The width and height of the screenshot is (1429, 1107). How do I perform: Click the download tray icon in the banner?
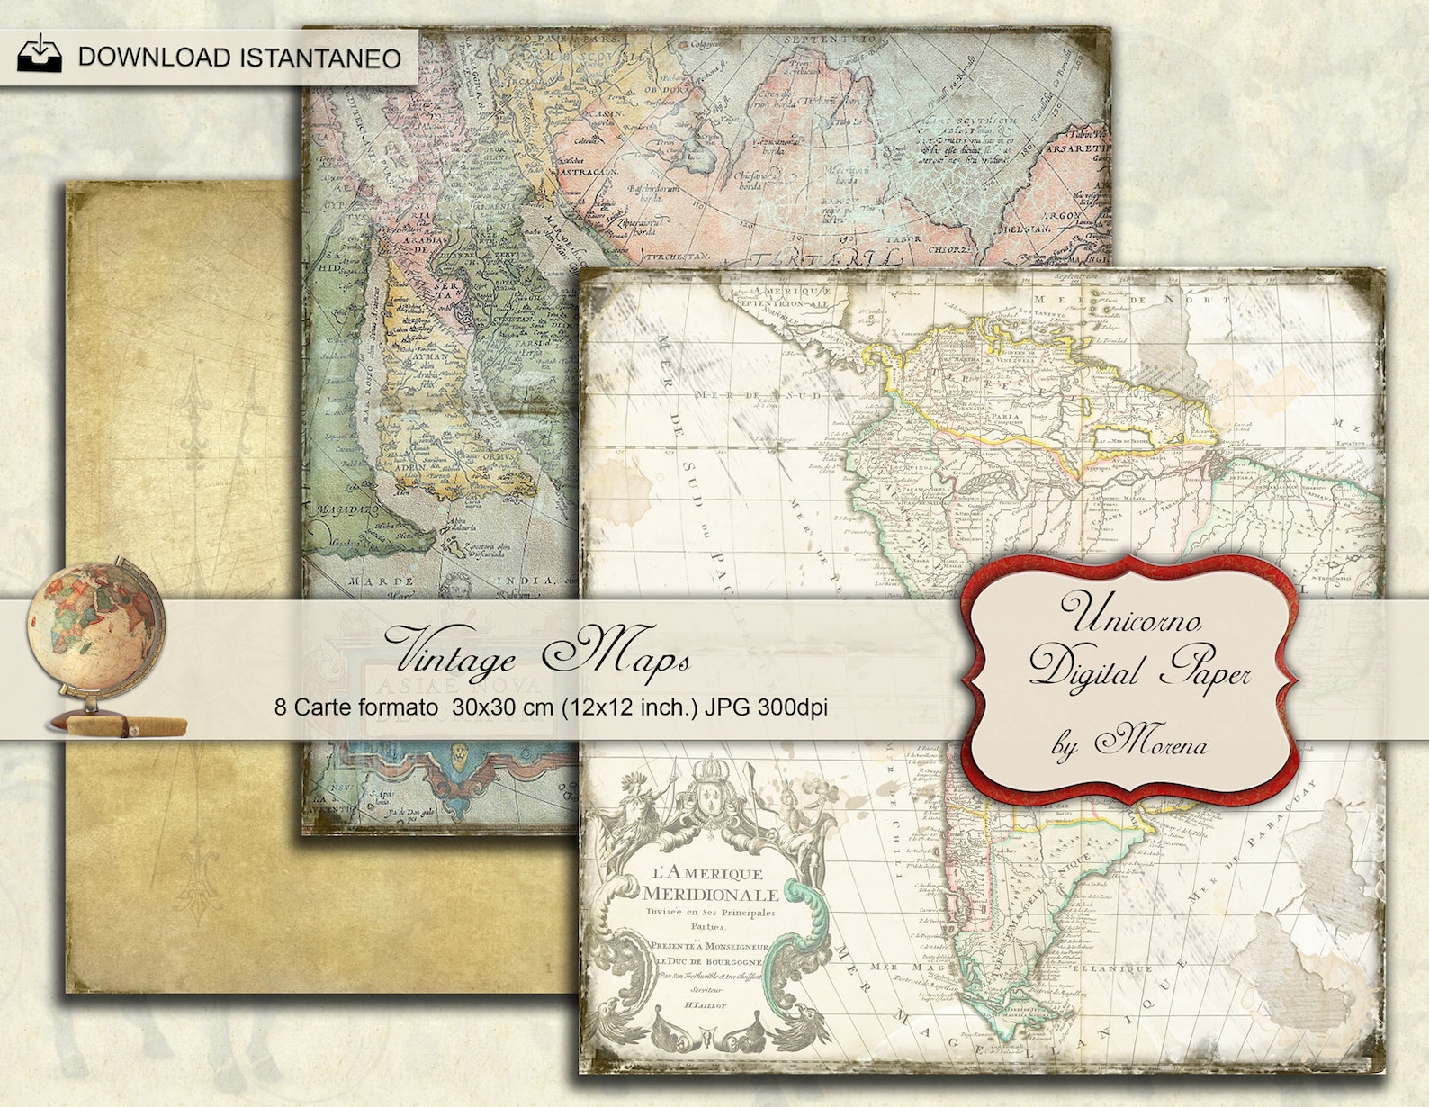(40, 55)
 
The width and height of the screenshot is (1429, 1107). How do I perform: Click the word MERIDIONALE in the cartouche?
(710, 895)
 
